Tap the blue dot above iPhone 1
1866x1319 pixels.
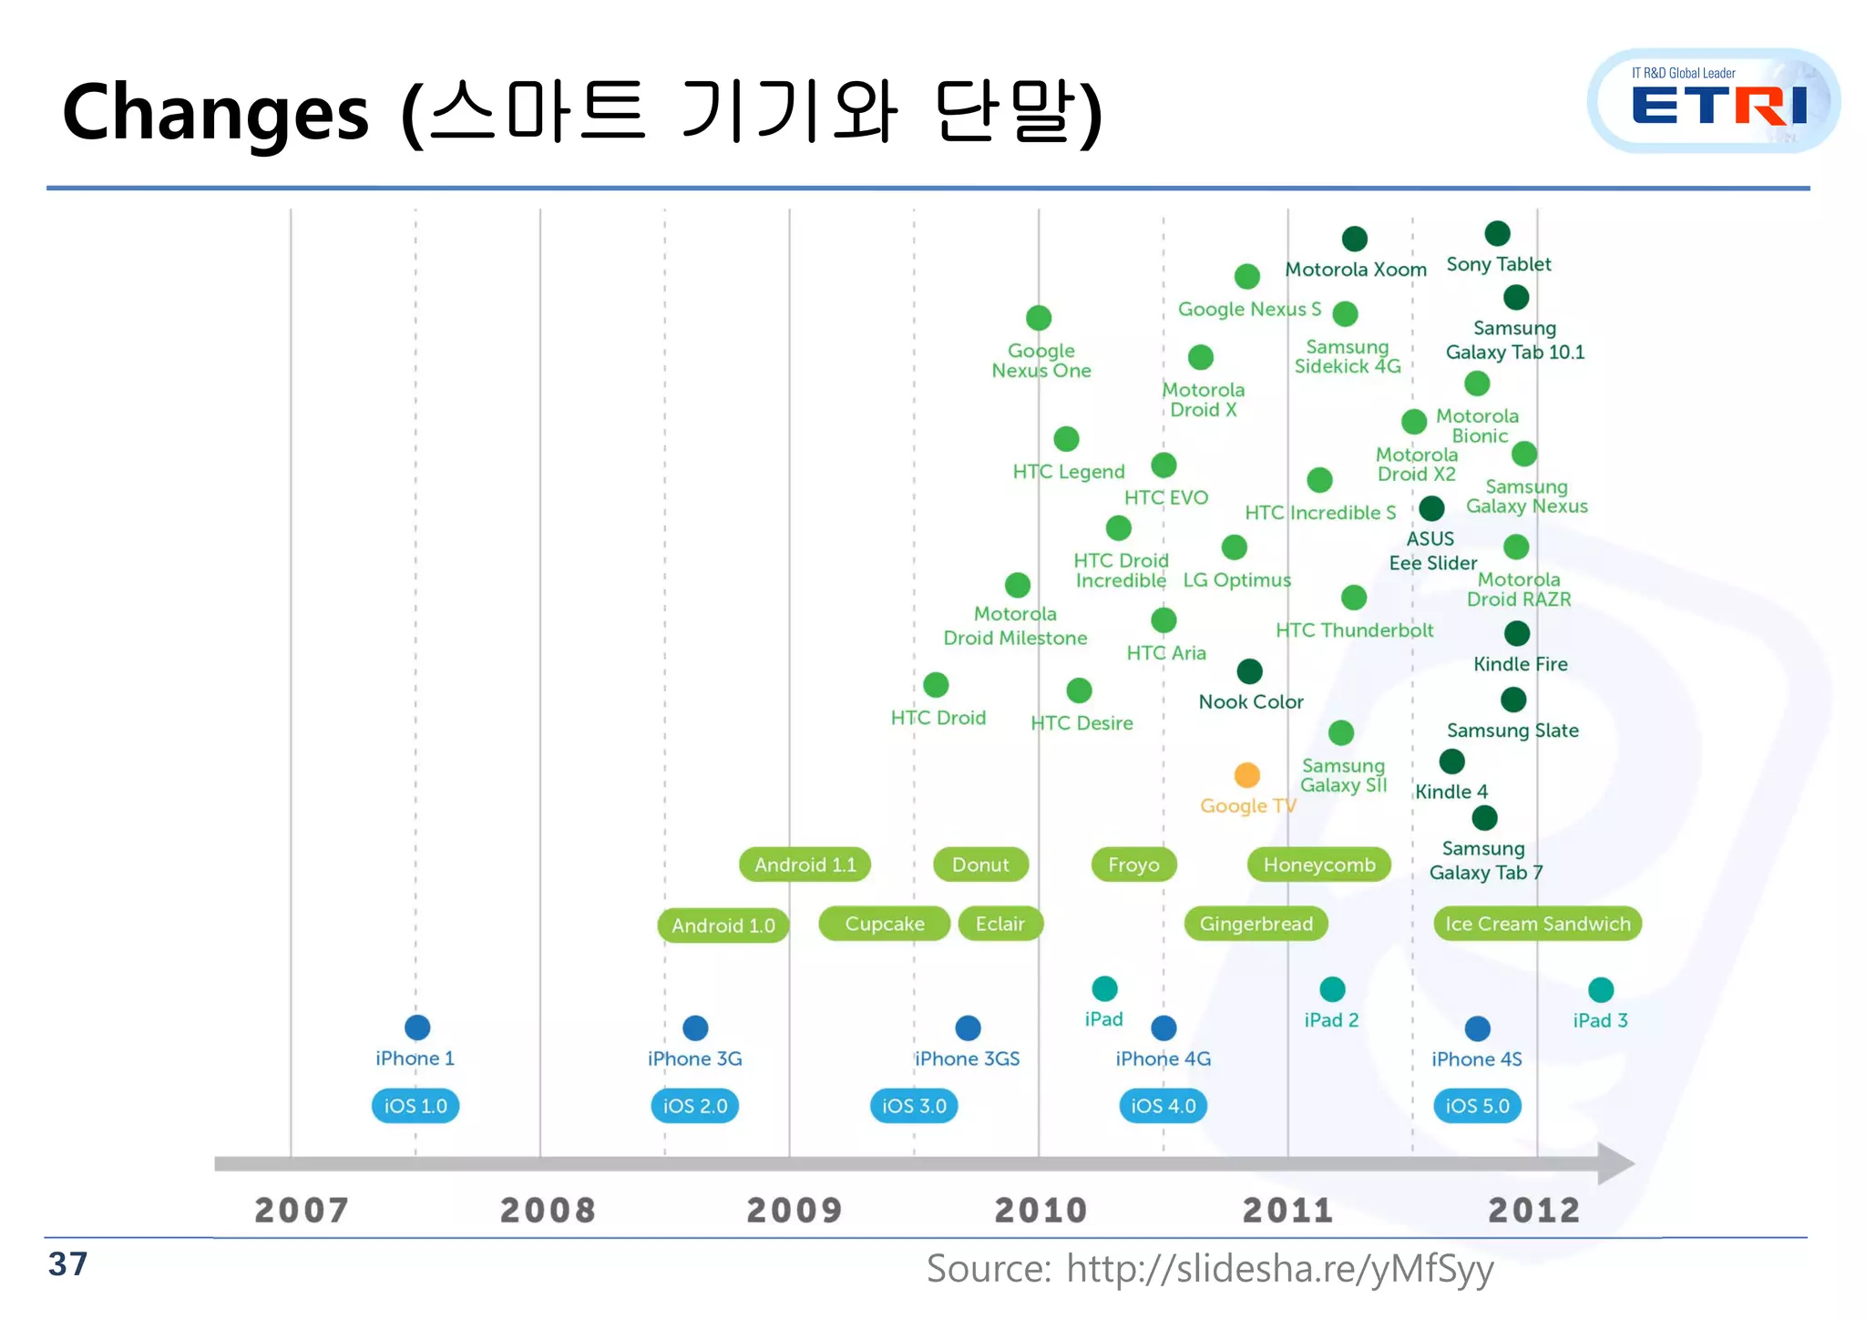[417, 1028]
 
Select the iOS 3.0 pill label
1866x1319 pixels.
[914, 1106]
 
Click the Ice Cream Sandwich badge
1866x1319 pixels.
[1537, 924]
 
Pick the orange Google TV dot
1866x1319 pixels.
[1246, 775]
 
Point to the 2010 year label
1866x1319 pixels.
[1041, 1210]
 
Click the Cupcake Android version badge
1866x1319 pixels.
[884, 924]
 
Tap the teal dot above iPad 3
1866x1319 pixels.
[1601, 989]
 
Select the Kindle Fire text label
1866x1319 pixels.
[1520, 664]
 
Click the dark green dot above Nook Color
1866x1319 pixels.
[1249, 671]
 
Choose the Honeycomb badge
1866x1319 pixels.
[1318, 864]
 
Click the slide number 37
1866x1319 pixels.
[68, 1264]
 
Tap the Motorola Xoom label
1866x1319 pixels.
[1355, 270]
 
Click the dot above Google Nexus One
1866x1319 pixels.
[1039, 318]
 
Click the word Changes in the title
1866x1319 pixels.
[216, 113]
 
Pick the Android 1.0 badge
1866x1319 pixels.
[723, 925]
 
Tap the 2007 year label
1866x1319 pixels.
[301, 1210]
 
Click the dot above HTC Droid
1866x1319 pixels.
[936, 684]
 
